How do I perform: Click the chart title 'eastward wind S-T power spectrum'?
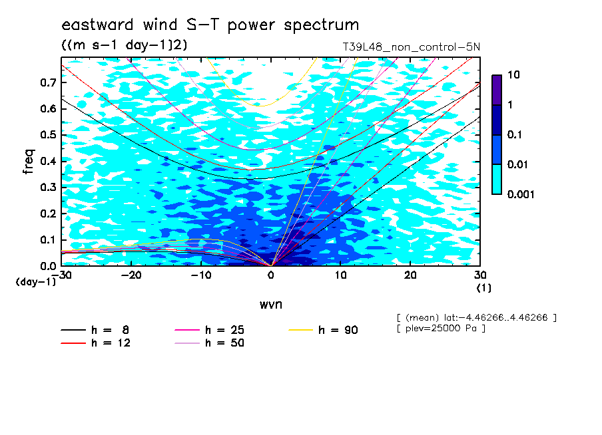click(210, 25)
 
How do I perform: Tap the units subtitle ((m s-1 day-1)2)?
click(125, 45)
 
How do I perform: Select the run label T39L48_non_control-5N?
click(411, 47)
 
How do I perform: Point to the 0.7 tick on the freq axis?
click(49, 82)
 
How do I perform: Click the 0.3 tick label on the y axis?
click(49, 187)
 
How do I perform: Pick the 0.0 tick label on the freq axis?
click(49, 266)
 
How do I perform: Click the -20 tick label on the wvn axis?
click(131, 275)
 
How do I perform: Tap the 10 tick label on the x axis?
click(341, 275)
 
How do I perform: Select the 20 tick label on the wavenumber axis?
click(410, 275)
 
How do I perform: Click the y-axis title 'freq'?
click(29, 162)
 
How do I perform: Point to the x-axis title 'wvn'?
click(271, 305)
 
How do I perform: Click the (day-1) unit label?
click(35, 282)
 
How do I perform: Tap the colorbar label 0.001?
click(521, 194)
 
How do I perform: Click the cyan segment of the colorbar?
click(497, 180)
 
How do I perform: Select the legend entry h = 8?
click(110, 330)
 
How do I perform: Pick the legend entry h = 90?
click(338, 330)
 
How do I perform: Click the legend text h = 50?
click(224, 343)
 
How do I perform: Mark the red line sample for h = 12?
click(73, 343)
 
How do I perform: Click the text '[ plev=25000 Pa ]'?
click(441, 329)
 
